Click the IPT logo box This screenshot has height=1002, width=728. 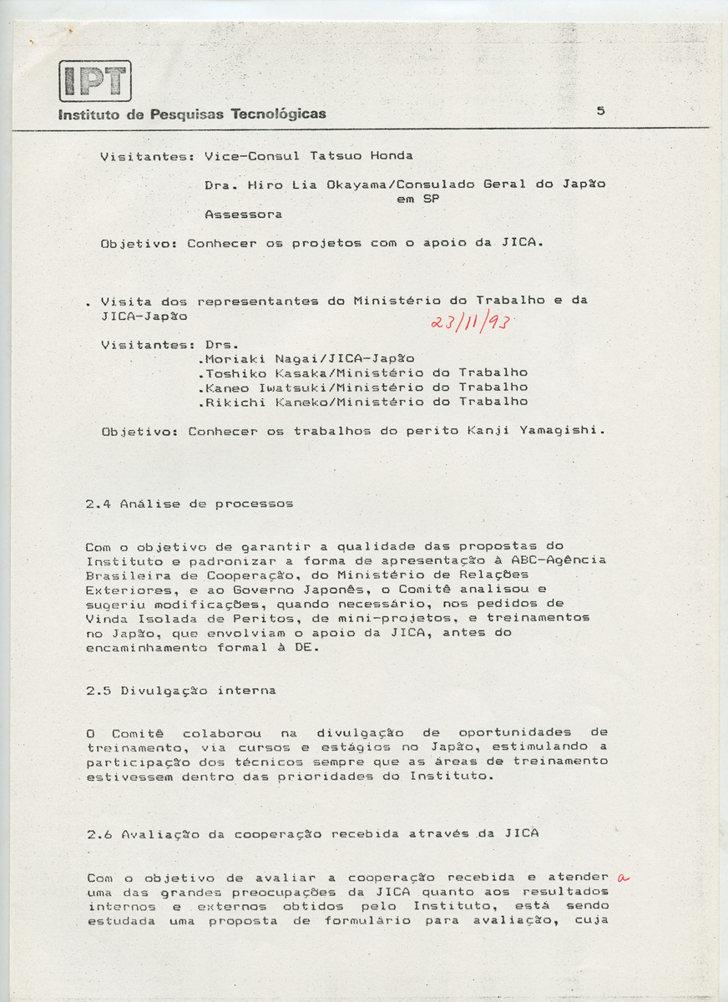(95, 81)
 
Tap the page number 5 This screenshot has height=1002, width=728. (600, 110)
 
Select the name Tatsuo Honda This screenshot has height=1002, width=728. (361, 155)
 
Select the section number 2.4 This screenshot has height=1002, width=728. (99, 504)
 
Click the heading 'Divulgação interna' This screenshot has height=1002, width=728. (199, 691)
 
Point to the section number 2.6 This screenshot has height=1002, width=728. (99, 833)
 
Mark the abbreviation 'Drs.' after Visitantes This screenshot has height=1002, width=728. (221, 344)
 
